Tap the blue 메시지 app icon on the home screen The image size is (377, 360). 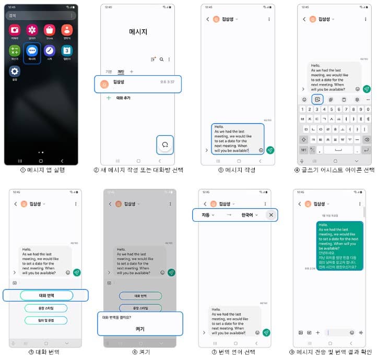point(32,51)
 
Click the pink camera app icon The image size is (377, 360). point(15,30)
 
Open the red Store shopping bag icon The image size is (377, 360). point(49,30)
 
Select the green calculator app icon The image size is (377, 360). point(15,51)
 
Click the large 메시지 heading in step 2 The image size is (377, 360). point(138,32)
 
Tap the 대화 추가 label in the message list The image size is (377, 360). point(123,98)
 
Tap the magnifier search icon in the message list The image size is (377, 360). point(162,59)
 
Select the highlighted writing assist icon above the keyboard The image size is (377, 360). point(317,99)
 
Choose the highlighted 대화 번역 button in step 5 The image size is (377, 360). point(46,295)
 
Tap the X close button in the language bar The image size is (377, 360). point(271,214)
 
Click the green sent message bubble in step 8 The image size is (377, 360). point(339,245)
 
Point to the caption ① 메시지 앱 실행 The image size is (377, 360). point(40,170)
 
